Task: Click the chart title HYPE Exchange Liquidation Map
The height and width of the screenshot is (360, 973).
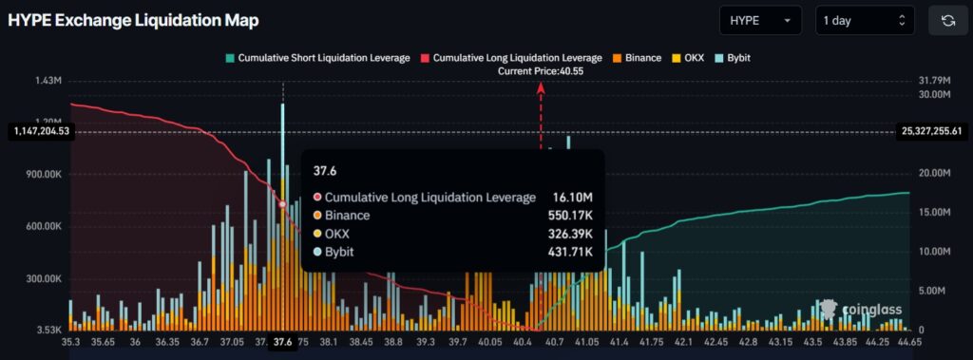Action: click(133, 20)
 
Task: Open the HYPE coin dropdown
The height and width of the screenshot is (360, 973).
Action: click(760, 20)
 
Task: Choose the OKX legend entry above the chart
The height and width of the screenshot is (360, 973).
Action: click(689, 58)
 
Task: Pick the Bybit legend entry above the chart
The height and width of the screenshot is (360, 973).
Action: click(734, 58)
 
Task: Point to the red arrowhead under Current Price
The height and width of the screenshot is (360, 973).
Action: click(542, 86)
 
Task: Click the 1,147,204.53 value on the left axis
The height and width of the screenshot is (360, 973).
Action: click(39, 131)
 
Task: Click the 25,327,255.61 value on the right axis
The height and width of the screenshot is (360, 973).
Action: click(931, 131)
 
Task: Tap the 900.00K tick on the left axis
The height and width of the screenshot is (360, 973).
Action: click(42, 174)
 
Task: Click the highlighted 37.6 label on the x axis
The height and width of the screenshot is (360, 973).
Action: click(282, 342)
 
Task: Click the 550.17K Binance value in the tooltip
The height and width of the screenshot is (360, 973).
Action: click(573, 216)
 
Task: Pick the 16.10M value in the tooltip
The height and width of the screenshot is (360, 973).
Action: click(573, 198)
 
